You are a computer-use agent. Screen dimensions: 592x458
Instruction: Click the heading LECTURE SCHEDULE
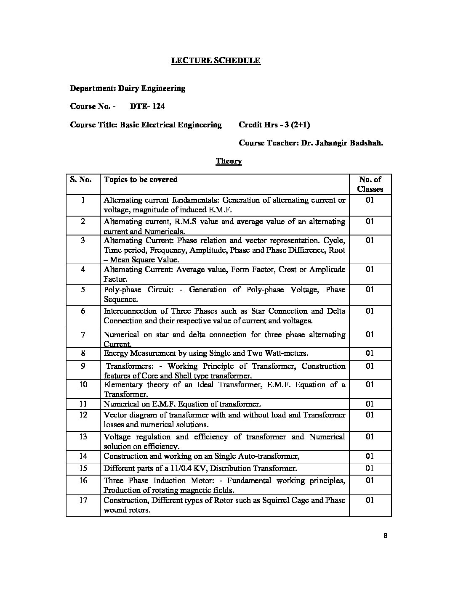216,61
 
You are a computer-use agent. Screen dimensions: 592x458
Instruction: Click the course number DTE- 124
147,106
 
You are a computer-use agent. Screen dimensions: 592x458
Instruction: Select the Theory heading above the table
229,161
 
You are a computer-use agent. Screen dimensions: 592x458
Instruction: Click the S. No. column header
81,180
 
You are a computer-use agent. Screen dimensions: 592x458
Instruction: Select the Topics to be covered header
141,180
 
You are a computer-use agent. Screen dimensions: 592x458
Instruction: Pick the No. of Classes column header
370,184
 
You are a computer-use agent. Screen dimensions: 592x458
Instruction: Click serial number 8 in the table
83,353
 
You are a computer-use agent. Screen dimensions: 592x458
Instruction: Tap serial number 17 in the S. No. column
83,500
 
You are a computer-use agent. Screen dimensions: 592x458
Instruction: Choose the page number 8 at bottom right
385,536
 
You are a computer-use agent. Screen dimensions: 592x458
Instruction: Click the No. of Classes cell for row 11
370,404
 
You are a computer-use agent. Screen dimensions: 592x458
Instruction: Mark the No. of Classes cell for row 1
370,200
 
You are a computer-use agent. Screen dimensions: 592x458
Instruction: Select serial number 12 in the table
83,415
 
